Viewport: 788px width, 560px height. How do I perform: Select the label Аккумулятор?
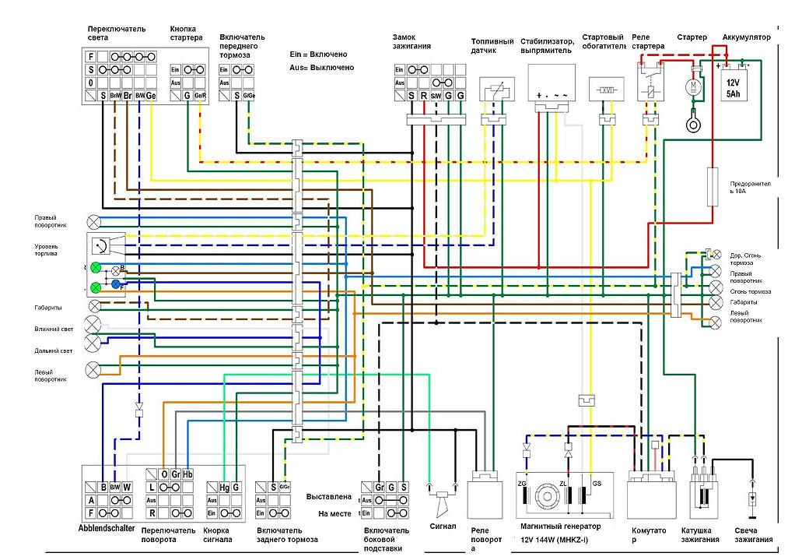click(x=746, y=37)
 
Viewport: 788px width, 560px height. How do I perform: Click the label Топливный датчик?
click(x=492, y=46)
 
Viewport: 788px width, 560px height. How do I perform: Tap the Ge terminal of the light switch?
click(x=151, y=96)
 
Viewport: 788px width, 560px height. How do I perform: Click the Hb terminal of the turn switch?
click(x=187, y=474)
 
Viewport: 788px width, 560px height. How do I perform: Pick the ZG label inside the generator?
click(x=522, y=484)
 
